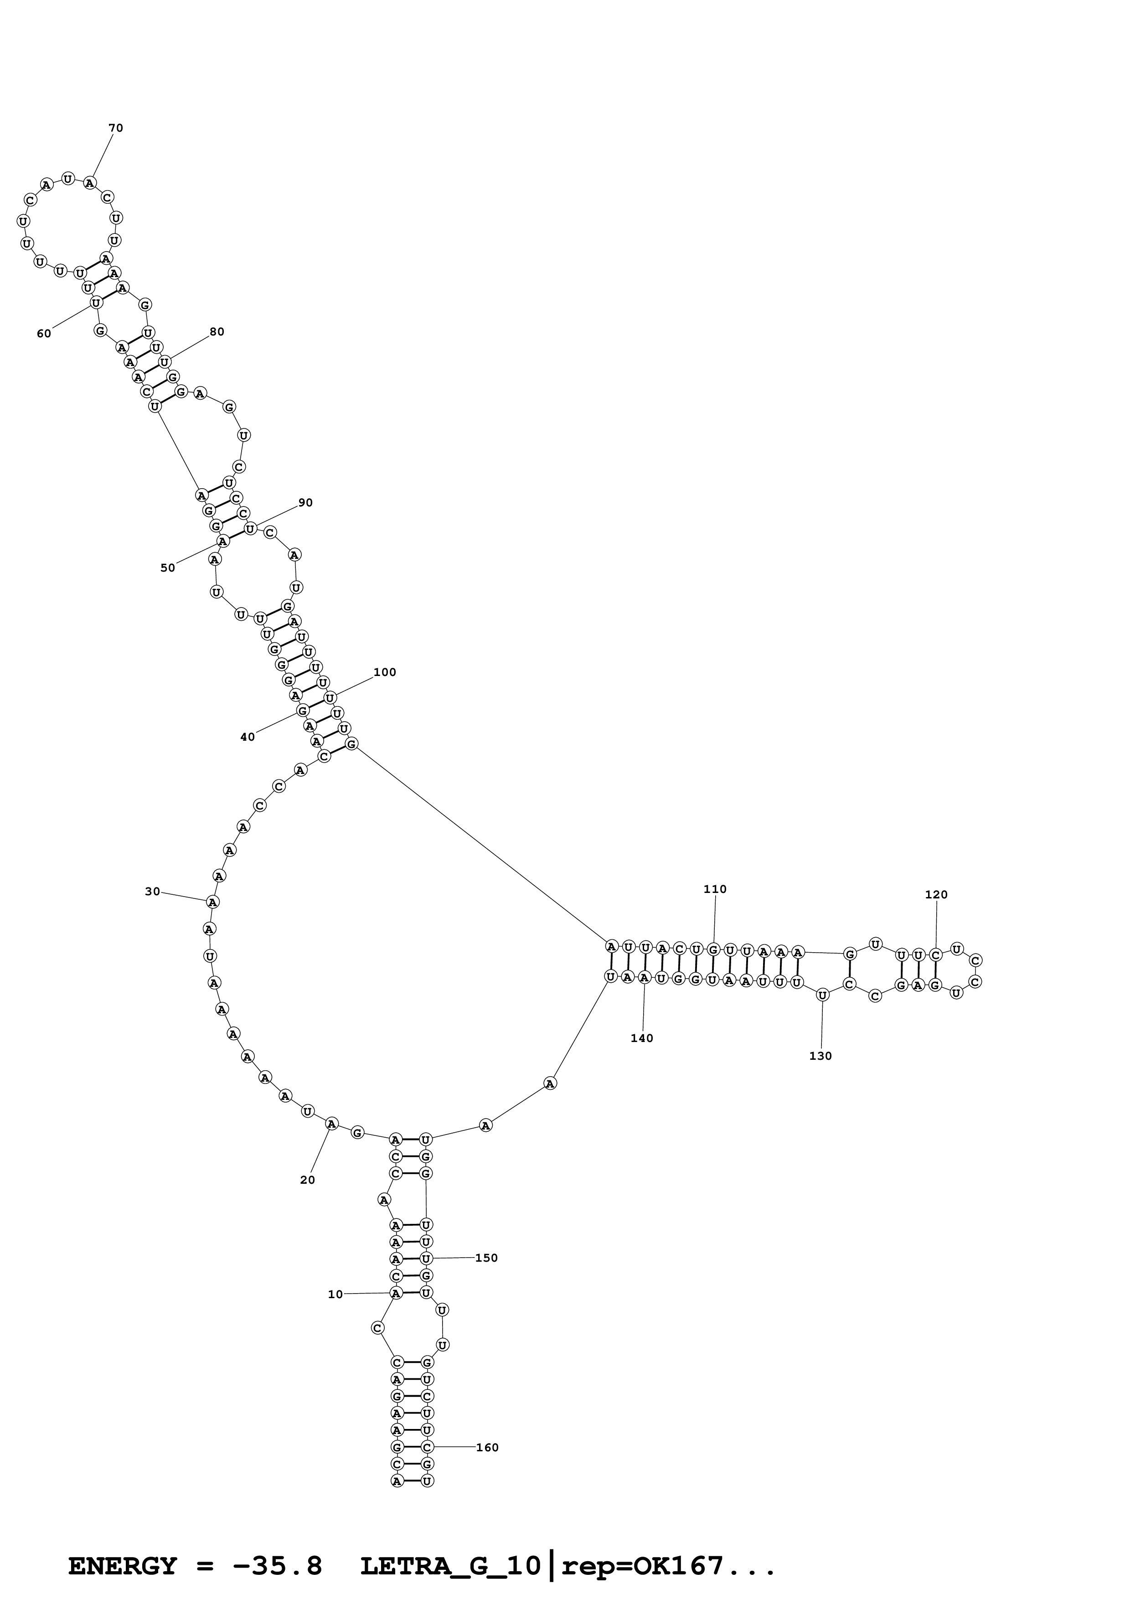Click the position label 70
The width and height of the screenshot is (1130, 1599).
point(116,128)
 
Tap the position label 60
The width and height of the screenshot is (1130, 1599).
point(44,334)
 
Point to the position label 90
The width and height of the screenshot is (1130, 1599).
point(306,503)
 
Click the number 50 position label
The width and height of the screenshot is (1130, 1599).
point(168,567)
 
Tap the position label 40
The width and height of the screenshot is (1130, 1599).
point(248,737)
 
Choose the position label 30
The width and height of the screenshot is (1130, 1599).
point(153,892)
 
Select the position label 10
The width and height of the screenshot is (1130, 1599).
point(335,1294)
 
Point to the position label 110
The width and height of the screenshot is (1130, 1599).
point(715,889)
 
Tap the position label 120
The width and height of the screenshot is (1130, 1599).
point(936,894)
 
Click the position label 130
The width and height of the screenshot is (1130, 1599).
point(821,1056)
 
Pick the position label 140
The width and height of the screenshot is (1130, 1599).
point(642,1038)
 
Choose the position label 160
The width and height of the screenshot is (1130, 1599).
point(487,1447)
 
